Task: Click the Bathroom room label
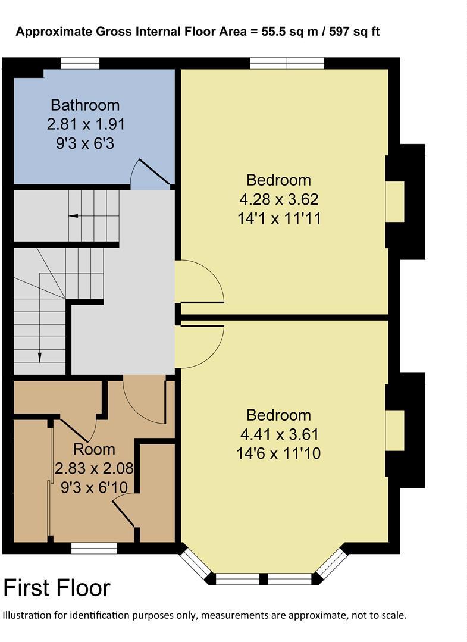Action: [85, 105]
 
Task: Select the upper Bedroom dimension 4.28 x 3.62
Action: [279, 199]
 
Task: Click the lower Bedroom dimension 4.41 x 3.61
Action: [279, 434]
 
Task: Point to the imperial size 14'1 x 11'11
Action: [279, 218]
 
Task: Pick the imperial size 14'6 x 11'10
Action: [279, 453]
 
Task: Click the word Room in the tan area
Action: [94, 449]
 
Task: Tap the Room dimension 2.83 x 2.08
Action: [94, 468]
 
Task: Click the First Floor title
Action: [57, 588]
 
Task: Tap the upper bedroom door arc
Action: [201, 283]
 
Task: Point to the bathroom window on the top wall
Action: [80, 63]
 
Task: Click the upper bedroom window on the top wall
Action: [287, 63]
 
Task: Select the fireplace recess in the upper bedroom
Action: [395, 202]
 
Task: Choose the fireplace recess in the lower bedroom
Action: [395, 430]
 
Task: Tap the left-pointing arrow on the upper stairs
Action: [74, 215]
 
